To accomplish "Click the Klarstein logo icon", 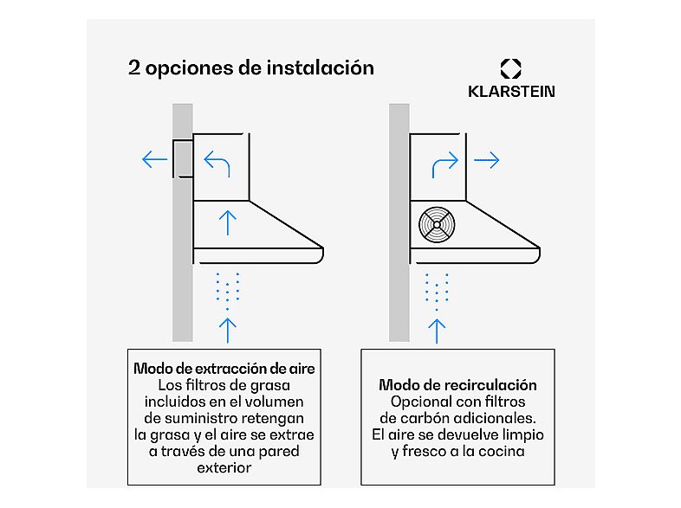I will pyautogui.click(x=510, y=69).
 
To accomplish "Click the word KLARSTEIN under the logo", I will pyautogui.click(x=510, y=91).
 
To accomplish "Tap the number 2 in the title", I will pyautogui.click(x=133, y=68).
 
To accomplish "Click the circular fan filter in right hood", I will pyautogui.click(x=438, y=225).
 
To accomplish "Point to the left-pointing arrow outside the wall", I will pyautogui.click(x=155, y=159).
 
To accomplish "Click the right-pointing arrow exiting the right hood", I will pyautogui.click(x=487, y=160).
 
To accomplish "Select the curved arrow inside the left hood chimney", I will pyautogui.click(x=217, y=162).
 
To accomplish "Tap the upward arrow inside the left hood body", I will pyautogui.click(x=227, y=222).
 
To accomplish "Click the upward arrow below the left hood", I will pyautogui.click(x=227, y=330).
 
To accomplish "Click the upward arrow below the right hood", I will pyautogui.click(x=438, y=330).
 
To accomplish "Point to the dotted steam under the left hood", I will pyautogui.click(x=227, y=290).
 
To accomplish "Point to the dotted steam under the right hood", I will pyautogui.click(x=438, y=290).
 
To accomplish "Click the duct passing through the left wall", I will pyautogui.click(x=182, y=158).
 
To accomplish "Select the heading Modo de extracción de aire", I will pyautogui.click(x=224, y=368).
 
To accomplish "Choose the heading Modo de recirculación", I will pyautogui.click(x=457, y=384).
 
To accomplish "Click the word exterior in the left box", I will pyautogui.click(x=224, y=467).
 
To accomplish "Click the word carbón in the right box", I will pyautogui.click(x=425, y=418).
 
